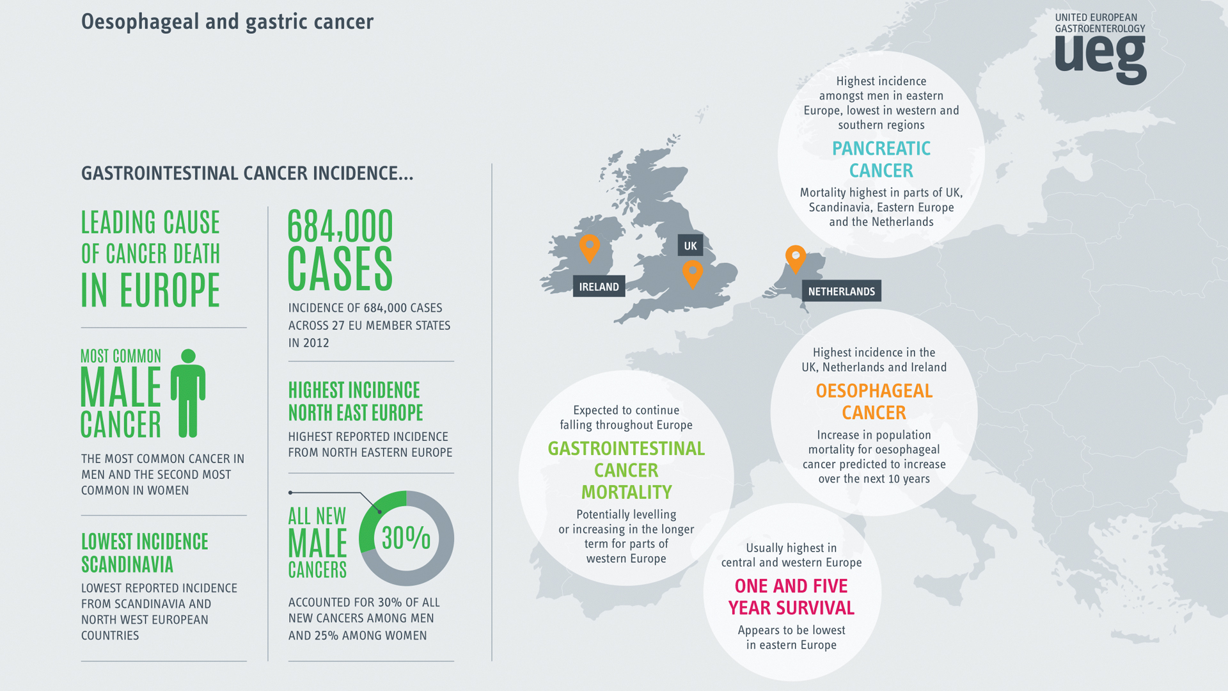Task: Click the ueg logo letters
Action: click(x=1100, y=58)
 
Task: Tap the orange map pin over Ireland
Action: click(x=589, y=247)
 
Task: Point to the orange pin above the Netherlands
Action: click(x=795, y=257)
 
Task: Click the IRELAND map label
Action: click(x=599, y=287)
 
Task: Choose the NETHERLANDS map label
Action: click(x=841, y=291)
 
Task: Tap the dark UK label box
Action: click(x=690, y=246)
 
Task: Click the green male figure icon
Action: click(x=188, y=393)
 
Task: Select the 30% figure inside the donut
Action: click(x=406, y=537)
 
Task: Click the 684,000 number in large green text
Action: click(x=340, y=226)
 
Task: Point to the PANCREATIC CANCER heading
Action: click(x=881, y=159)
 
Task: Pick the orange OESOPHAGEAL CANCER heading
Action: click(x=874, y=401)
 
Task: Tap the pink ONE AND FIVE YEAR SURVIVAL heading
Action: click(x=791, y=596)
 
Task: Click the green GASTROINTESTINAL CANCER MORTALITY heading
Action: click(x=626, y=470)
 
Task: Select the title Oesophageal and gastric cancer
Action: click(x=227, y=22)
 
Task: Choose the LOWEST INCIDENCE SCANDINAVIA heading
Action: click(x=145, y=553)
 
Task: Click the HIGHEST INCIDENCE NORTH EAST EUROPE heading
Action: click(x=355, y=401)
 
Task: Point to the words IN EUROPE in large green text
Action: click(x=150, y=290)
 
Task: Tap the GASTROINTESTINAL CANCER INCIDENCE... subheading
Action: click(x=247, y=173)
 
